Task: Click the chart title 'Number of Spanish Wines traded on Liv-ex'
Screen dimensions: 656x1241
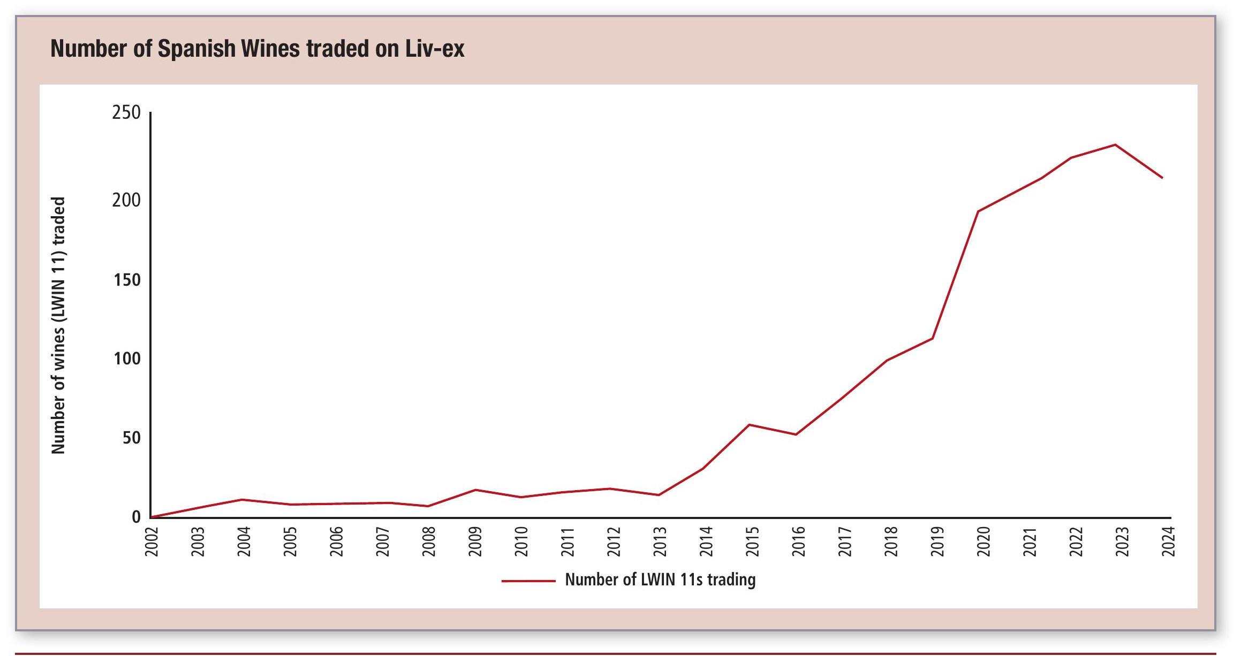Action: click(x=257, y=49)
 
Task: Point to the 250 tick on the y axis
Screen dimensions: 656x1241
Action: click(x=126, y=113)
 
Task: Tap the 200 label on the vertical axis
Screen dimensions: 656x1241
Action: click(x=126, y=200)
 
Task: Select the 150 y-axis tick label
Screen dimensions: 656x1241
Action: click(x=126, y=280)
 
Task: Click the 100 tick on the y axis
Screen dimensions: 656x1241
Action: click(x=126, y=358)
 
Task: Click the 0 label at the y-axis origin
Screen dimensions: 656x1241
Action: click(x=136, y=517)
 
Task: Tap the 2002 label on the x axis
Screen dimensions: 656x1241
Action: click(x=152, y=541)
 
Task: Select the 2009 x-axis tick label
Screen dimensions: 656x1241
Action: click(x=475, y=541)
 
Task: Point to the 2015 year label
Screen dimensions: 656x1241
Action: click(x=753, y=541)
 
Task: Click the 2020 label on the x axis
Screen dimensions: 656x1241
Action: click(x=983, y=541)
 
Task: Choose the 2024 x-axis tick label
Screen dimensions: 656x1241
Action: click(x=1168, y=541)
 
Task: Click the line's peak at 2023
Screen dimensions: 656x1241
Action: click(x=1115, y=144)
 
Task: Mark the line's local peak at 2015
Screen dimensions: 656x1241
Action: click(x=750, y=425)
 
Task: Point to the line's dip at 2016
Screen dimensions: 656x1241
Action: click(x=796, y=434)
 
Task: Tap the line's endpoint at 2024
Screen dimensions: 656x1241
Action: click(x=1162, y=178)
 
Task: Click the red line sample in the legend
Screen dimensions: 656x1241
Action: click(x=528, y=581)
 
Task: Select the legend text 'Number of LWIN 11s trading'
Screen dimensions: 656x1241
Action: click(x=660, y=580)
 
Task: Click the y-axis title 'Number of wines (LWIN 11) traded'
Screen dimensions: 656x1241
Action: click(x=58, y=325)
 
